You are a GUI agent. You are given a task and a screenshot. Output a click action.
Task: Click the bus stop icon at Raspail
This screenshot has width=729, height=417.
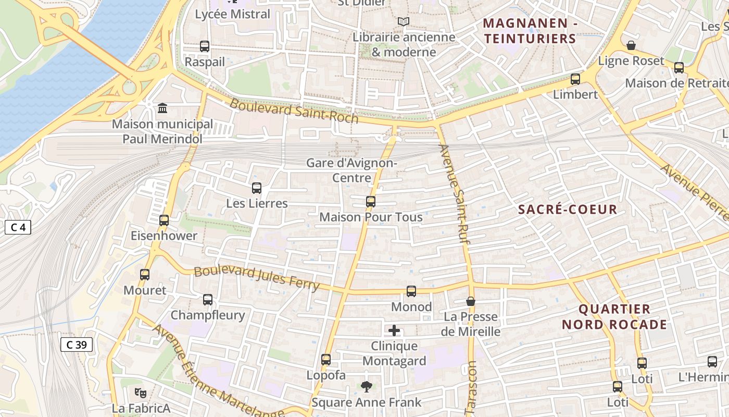point(205,46)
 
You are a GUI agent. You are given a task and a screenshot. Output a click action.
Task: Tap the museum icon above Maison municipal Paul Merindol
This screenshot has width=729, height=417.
point(162,108)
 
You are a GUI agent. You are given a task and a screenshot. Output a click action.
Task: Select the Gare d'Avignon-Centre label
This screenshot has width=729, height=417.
point(351,170)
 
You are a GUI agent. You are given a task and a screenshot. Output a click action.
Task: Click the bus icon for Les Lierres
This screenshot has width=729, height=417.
point(256,188)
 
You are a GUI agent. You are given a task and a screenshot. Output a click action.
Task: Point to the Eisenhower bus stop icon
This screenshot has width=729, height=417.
point(164,220)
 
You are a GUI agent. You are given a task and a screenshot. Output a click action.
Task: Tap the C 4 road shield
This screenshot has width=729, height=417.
point(18,227)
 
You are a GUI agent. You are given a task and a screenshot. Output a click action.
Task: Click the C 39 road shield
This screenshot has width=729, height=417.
point(77,345)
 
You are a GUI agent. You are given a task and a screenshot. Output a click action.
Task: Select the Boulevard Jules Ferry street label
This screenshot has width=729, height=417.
point(256,278)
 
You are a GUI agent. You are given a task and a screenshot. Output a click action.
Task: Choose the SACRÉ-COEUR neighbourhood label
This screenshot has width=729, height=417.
point(568,210)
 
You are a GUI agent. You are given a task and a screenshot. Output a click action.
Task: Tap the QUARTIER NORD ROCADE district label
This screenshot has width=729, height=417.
point(614,317)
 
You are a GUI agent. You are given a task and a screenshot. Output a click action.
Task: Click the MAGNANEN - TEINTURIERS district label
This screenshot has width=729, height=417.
point(530,31)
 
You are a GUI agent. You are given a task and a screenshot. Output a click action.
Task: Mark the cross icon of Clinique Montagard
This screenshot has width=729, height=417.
point(394,330)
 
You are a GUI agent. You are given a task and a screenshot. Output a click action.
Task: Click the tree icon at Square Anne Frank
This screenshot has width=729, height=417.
point(367,386)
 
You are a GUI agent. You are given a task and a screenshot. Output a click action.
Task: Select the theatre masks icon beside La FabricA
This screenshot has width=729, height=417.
point(140,393)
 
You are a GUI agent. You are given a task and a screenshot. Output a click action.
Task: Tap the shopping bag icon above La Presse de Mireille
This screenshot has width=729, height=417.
point(471,301)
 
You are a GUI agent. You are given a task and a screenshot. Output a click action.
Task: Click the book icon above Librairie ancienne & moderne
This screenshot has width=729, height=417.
point(404,21)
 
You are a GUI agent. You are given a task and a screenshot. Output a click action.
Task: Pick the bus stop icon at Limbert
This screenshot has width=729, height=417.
point(575,79)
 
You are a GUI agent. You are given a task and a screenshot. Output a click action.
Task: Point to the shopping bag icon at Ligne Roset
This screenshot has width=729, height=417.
point(631,45)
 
